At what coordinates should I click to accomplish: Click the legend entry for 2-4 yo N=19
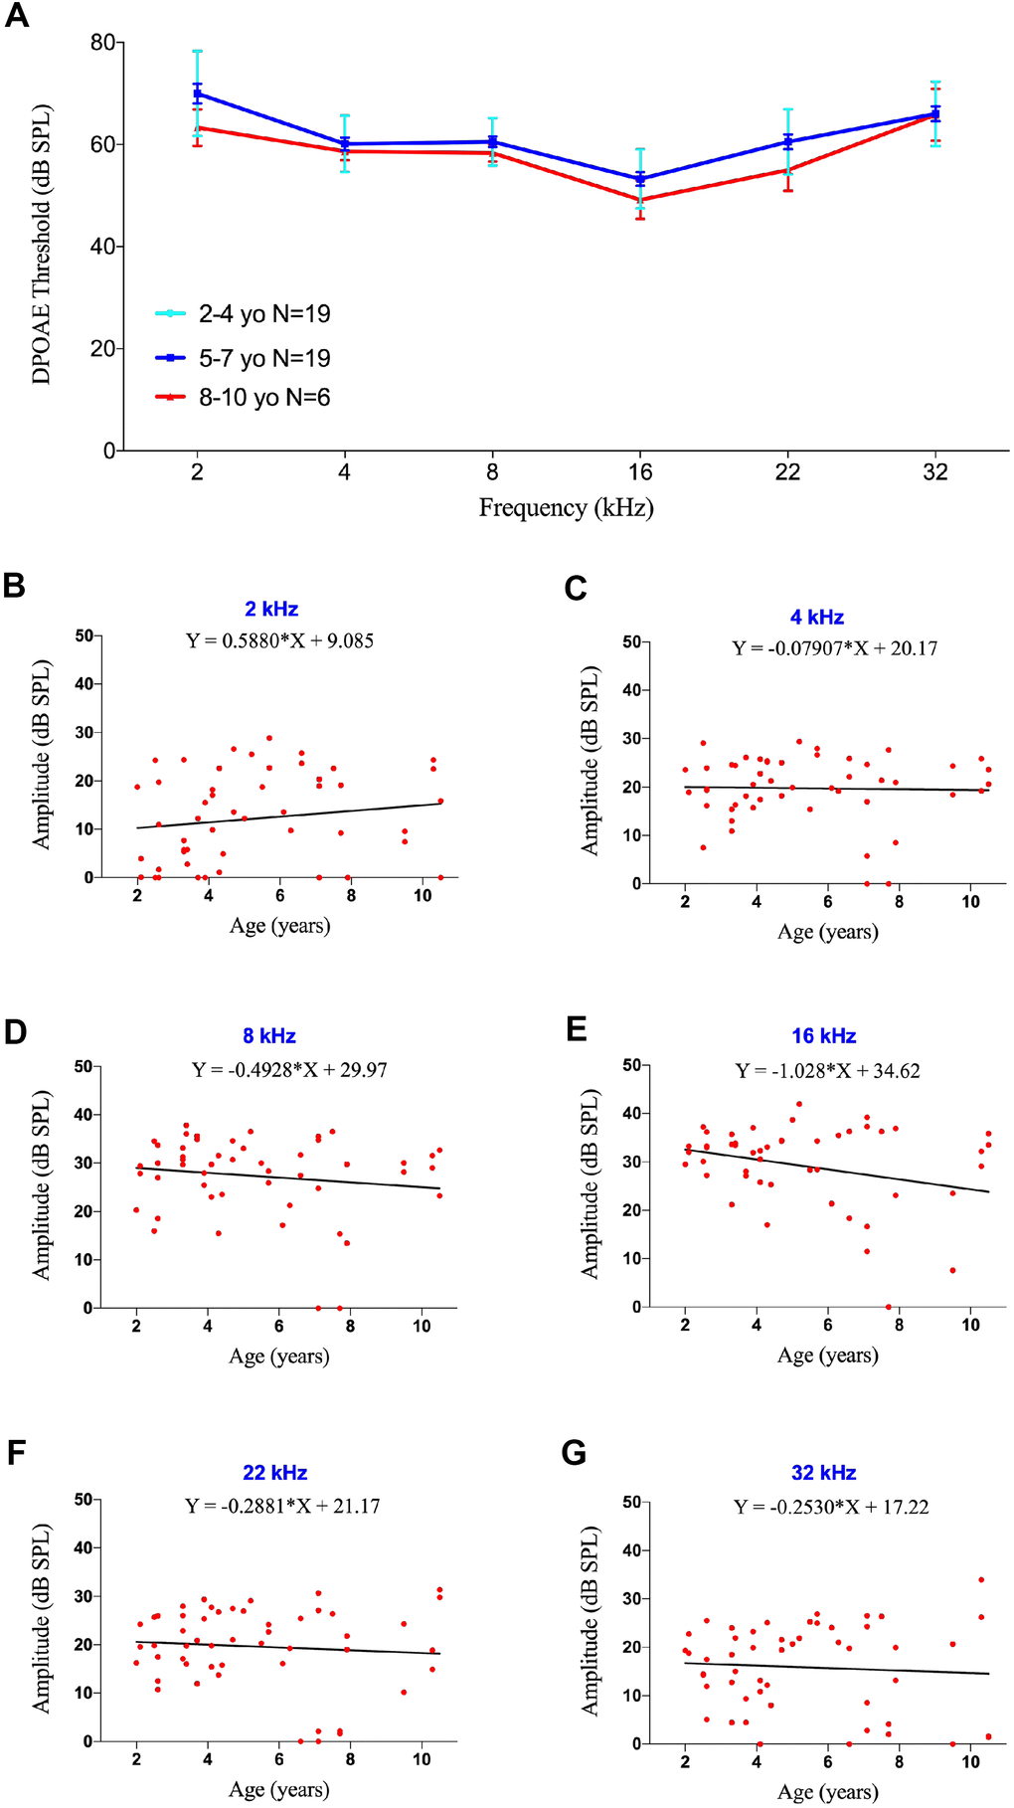tap(263, 314)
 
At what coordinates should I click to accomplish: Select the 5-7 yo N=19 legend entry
tap(263, 358)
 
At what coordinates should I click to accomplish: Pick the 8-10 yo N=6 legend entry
tap(263, 398)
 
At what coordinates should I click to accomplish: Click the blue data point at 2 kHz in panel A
tap(197, 93)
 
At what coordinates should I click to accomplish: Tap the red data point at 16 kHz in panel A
tap(640, 200)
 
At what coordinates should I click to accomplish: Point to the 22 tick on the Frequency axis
tap(787, 471)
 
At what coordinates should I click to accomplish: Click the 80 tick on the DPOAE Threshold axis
tap(101, 43)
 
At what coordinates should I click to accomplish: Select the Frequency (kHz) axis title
tap(566, 508)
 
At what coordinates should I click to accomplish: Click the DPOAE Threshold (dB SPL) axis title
tap(41, 245)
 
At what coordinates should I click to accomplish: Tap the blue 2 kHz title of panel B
tap(271, 609)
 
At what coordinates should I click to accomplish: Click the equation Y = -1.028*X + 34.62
tap(827, 1071)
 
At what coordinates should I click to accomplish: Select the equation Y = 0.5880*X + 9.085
tap(280, 640)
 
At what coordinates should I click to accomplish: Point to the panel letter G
tap(574, 1453)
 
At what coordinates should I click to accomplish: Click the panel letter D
tap(15, 1031)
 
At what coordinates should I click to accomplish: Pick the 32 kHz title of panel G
tap(823, 1473)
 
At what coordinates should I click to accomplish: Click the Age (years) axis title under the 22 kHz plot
tap(279, 1789)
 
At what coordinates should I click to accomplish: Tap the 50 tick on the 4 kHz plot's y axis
tap(631, 641)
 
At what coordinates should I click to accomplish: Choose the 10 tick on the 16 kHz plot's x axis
tap(970, 1325)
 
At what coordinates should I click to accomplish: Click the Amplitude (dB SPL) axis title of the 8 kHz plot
tap(41, 1185)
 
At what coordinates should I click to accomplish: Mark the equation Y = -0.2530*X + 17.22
tap(831, 1507)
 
